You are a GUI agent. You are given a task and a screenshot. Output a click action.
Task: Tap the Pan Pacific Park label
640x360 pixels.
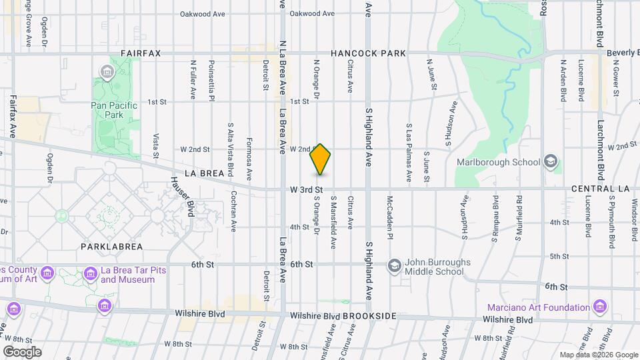point(114,110)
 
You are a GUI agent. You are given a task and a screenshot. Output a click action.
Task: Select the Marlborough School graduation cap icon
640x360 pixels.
point(551,162)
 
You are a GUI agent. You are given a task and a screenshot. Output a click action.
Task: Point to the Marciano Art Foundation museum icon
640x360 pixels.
point(601,307)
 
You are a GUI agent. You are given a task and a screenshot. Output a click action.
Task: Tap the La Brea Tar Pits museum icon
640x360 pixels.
point(90,274)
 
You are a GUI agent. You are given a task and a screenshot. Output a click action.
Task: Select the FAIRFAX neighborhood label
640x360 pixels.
point(141,53)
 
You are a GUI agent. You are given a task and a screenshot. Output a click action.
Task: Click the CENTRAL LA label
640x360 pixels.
point(600,189)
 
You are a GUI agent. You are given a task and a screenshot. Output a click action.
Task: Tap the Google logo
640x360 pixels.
point(22,352)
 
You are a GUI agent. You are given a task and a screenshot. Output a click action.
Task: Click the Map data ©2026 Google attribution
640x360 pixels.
point(599,355)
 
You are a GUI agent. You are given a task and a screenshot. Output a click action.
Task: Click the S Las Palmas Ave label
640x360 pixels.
point(409,153)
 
